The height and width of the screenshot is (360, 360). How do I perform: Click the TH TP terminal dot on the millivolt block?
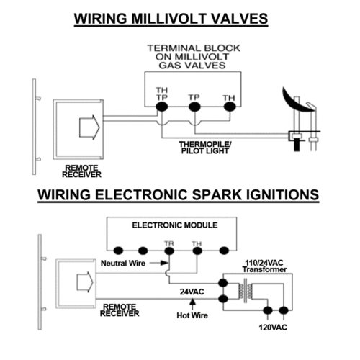[x=162, y=107]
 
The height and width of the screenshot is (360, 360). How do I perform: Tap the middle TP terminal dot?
[x=194, y=107]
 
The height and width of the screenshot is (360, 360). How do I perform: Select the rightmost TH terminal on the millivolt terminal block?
[x=230, y=107]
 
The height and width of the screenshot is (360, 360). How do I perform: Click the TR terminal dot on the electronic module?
[x=169, y=251]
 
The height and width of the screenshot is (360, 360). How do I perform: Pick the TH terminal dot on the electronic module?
[x=197, y=251]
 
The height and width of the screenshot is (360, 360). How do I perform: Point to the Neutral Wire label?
[x=123, y=264]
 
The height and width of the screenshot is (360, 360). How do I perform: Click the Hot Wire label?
[x=192, y=315]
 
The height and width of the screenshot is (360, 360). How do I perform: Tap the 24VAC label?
[x=192, y=292]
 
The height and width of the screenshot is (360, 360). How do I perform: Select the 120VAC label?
[x=273, y=328]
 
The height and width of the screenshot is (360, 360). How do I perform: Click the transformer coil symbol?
[x=245, y=291]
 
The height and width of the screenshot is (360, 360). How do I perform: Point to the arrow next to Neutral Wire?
[x=159, y=263]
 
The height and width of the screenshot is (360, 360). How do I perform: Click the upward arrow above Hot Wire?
[x=192, y=304]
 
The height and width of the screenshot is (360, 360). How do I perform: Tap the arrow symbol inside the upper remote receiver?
[x=89, y=127]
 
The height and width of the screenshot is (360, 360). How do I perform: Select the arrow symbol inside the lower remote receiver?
[x=85, y=282]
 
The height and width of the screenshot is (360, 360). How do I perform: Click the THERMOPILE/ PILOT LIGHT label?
[x=205, y=148]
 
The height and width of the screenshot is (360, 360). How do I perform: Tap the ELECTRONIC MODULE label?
[x=175, y=225]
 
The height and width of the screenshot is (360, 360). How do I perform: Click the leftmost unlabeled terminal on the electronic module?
[x=118, y=251]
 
